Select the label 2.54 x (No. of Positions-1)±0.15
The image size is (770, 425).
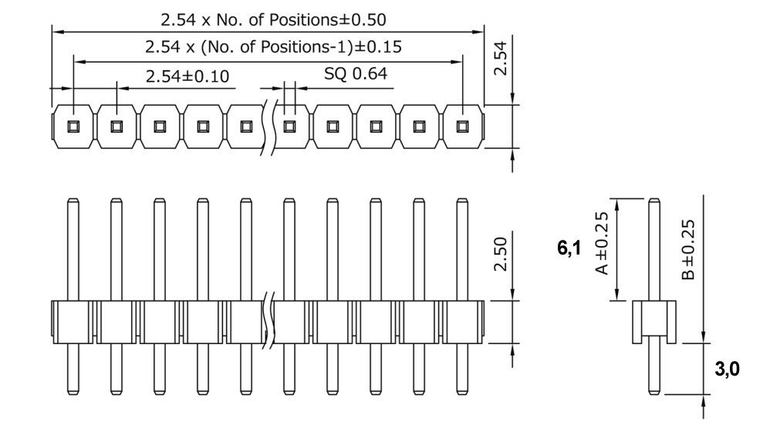click(273, 47)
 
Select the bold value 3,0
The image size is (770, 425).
click(728, 370)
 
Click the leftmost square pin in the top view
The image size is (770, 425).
click(73, 126)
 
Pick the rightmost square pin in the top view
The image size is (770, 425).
click(463, 126)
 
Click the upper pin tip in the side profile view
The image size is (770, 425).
click(653, 202)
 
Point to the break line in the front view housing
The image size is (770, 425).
click(270, 321)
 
